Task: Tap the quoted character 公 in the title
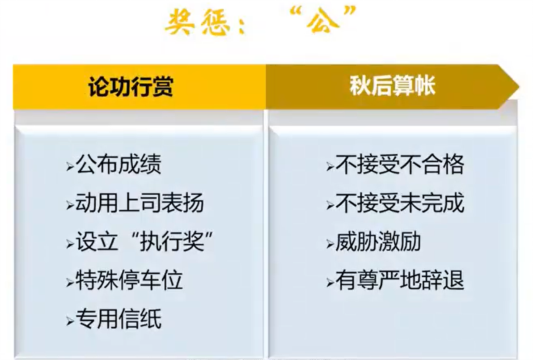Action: tap(322, 21)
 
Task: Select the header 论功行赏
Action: tap(131, 87)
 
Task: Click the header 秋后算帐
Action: tap(393, 85)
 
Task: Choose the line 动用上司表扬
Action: tap(140, 203)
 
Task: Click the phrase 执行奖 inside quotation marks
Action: tap(172, 241)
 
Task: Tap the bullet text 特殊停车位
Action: tap(129, 280)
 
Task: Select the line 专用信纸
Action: tap(118, 319)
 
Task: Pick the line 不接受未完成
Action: tap(400, 203)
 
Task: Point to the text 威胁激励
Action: tap(378, 241)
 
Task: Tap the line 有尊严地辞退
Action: tap(400, 280)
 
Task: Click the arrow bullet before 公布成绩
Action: tap(70, 166)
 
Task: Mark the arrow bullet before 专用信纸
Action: tap(70, 321)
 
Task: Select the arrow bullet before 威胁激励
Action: tap(330, 244)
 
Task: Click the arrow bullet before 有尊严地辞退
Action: tap(330, 283)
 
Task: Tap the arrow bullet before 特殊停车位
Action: tap(70, 283)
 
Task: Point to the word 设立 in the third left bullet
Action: tap(97, 241)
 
